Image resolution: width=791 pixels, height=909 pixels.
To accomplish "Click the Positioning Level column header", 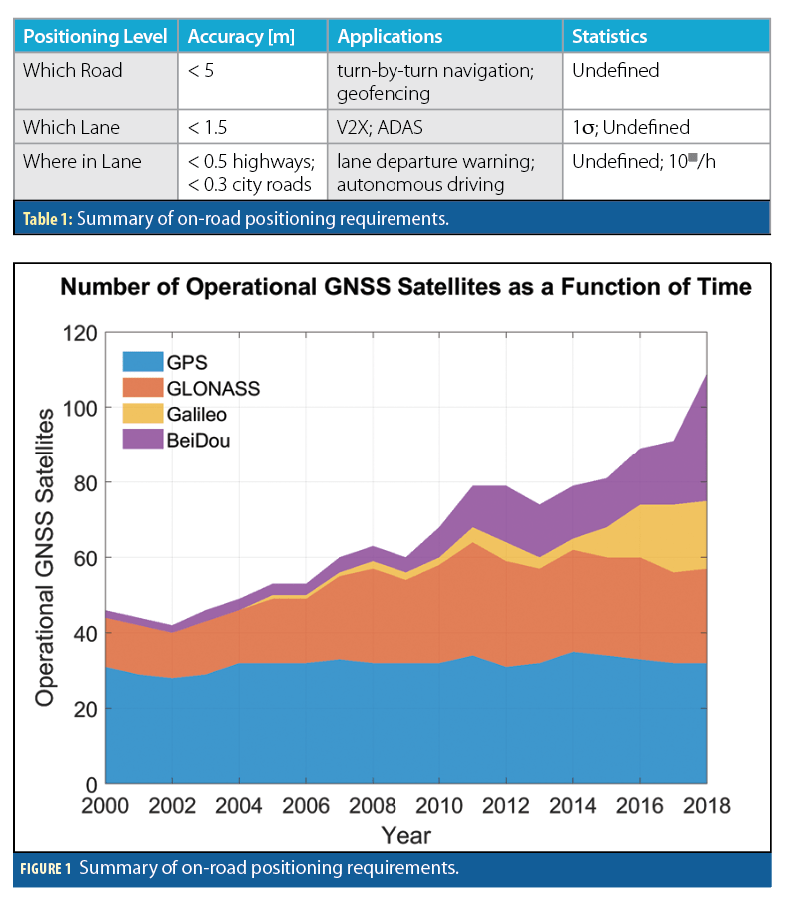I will pos(94,37).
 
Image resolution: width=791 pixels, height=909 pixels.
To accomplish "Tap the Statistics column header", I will pos(609,37).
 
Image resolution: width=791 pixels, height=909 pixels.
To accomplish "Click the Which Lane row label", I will pos(71,127).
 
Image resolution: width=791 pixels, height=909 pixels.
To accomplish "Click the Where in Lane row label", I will pos(82,161).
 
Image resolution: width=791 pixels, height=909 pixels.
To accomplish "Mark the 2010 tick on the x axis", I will pos(438,805).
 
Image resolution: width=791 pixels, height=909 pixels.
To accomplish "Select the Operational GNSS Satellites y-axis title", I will pos(46,556).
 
